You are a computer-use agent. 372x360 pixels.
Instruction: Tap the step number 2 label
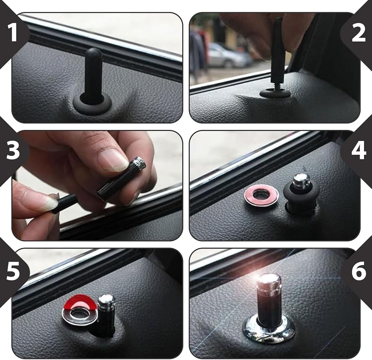pos(359,33)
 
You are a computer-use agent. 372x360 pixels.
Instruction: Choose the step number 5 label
pos(13,271)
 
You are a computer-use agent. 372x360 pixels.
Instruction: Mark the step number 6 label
pos(359,272)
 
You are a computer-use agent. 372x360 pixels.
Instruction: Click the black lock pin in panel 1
pos(94,76)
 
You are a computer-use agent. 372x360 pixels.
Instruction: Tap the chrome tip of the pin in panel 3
pos(140,162)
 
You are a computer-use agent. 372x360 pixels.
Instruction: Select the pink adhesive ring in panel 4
pos(262,195)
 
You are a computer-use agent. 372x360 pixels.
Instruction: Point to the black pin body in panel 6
pos(270,308)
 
